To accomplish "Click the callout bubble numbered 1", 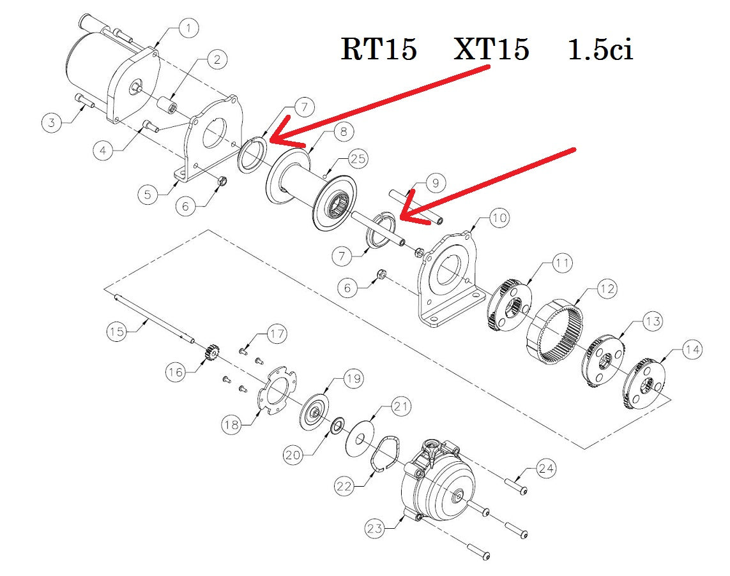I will click(188, 28).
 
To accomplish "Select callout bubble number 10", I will click(499, 218).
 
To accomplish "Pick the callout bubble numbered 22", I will click(346, 486).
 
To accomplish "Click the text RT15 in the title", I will click(379, 49).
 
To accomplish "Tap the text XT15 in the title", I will click(491, 49).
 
